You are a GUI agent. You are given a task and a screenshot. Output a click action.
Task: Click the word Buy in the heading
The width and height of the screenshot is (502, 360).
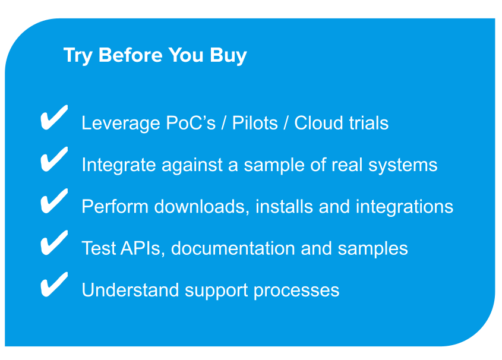coord(228,55)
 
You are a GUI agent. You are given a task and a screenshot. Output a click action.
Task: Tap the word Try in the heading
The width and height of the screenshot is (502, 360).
coord(78,55)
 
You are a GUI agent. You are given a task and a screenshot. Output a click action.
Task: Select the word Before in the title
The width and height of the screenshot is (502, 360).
coord(130,55)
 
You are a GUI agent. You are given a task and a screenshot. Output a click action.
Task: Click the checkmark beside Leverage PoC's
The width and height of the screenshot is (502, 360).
coord(54,118)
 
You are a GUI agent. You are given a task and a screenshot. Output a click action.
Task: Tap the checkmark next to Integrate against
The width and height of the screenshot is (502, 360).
coord(54,159)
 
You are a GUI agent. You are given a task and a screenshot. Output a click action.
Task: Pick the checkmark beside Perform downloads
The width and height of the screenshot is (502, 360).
coord(54,201)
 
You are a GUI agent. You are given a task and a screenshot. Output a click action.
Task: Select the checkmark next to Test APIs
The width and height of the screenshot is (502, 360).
coord(54,242)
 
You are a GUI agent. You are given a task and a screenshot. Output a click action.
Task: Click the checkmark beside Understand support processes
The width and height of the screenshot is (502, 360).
coord(54,285)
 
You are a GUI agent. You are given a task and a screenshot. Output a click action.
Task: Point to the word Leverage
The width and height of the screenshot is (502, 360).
coord(121,124)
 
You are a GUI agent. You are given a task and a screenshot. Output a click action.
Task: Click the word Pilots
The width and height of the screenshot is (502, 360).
coord(255,123)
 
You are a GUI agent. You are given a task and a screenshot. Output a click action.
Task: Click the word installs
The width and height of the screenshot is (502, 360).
coord(285,206)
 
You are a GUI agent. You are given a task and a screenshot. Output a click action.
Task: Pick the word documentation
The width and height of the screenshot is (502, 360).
coord(233,248)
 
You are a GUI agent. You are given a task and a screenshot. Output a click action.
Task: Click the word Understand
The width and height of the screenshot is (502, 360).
coord(130,290)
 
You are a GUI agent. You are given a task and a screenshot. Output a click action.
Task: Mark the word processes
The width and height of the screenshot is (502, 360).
coord(296,291)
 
